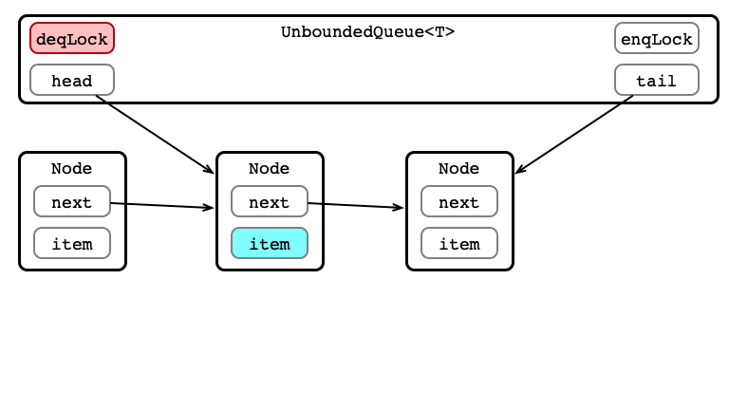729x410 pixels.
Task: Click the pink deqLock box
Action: tap(72, 38)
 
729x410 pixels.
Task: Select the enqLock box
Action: tap(657, 38)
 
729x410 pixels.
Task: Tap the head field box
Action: tap(72, 80)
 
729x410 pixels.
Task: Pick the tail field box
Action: tap(657, 80)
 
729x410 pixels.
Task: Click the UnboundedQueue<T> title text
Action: tap(367, 32)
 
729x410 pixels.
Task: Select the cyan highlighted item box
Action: tap(270, 243)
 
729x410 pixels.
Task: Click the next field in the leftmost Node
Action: tap(72, 201)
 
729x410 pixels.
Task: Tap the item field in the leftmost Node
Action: tap(72, 243)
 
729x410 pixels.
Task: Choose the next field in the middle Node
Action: tap(270, 201)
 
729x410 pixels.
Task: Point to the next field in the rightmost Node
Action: tap(459, 201)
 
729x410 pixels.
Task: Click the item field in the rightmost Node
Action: tap(459, 243)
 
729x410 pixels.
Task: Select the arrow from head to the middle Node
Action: tap(155, 135)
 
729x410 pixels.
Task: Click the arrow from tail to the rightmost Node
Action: tap(574, 135)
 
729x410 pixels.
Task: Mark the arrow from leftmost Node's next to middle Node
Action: tap(162, 205)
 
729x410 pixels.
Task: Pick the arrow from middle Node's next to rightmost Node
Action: tap(356, 205)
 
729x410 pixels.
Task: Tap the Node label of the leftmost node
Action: tap(71, 168)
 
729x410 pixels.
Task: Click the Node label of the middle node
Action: tap(270, 168)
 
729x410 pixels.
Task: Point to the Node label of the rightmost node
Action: tap(458, 168)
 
